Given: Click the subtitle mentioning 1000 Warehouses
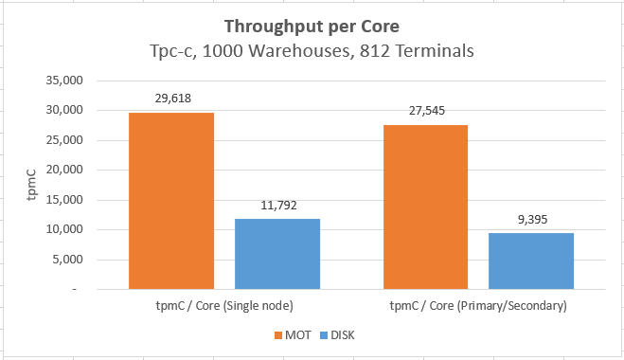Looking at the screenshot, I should pos(312,50).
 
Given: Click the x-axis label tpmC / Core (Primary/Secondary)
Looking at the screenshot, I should pos(478,306).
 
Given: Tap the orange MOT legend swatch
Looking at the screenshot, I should pos(277,334).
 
